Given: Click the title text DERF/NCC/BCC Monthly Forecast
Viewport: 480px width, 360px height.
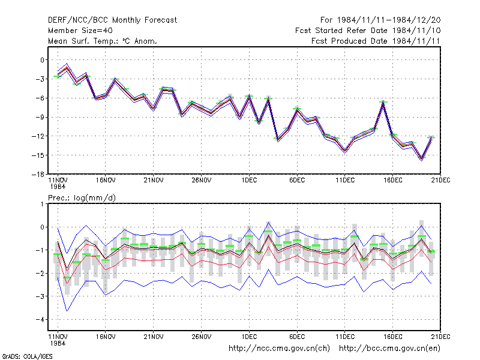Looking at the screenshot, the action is tap(112, 20).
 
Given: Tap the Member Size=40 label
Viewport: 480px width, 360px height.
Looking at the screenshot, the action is tap(80, 31).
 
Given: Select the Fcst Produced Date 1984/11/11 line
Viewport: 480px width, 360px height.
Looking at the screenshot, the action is tap(376, 41).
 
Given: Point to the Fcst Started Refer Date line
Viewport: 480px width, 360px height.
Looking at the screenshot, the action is tap(368, 31).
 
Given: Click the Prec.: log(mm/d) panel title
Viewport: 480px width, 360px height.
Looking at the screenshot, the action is tap(82, 198).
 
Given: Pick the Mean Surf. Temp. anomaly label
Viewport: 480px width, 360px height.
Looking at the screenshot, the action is tap(102, 41).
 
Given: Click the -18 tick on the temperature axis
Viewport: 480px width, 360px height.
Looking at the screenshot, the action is tap(38, 175).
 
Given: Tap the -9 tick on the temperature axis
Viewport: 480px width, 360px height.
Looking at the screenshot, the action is tap(40, 117).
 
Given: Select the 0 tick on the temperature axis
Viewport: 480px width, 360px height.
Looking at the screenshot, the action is tap(42, 60).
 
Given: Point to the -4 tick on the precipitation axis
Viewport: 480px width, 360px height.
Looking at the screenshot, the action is tap(40, 320).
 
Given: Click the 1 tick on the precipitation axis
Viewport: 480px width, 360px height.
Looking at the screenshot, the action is tap(42, 204).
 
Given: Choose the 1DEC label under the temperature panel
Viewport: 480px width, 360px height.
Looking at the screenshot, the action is tap(249, 181).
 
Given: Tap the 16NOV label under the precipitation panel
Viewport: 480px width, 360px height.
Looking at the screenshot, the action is tap(106, 337).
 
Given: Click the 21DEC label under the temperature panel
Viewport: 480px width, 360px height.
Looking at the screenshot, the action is tap(441, 181).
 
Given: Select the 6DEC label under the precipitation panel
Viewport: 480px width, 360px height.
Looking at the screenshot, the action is tap(297, 337).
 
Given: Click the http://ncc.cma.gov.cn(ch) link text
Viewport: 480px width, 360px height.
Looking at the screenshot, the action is tap(279, 349).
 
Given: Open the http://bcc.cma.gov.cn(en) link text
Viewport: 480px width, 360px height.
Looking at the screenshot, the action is tap(389, 349).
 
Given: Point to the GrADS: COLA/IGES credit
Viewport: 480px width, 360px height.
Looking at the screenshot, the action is tap(27, 356).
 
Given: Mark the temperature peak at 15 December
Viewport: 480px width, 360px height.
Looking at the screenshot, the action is tap(383, 102).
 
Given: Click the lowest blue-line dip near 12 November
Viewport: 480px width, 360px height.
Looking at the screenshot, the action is tap(67, 311).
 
